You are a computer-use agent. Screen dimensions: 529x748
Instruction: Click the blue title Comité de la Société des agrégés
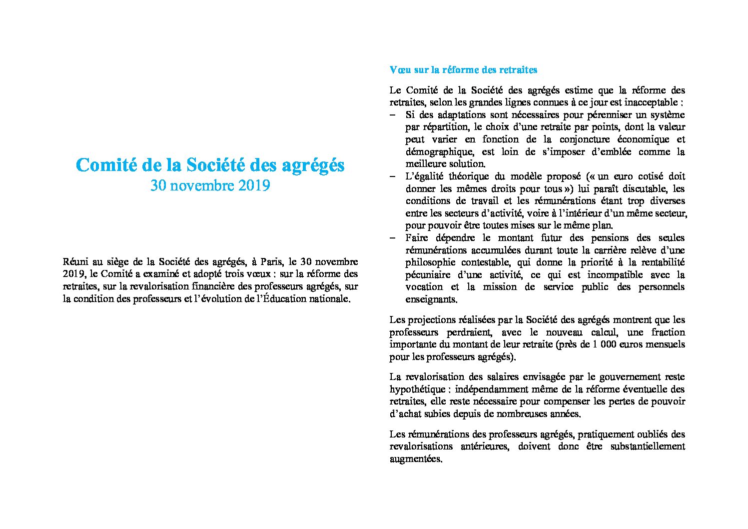point(210,165)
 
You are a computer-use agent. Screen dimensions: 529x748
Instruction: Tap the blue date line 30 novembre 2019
point(210,185)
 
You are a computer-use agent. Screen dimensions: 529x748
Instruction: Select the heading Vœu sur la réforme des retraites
point(463,70)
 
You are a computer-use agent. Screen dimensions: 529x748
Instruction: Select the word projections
point(430,320)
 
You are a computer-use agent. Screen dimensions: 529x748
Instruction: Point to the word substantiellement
point(648,446)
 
